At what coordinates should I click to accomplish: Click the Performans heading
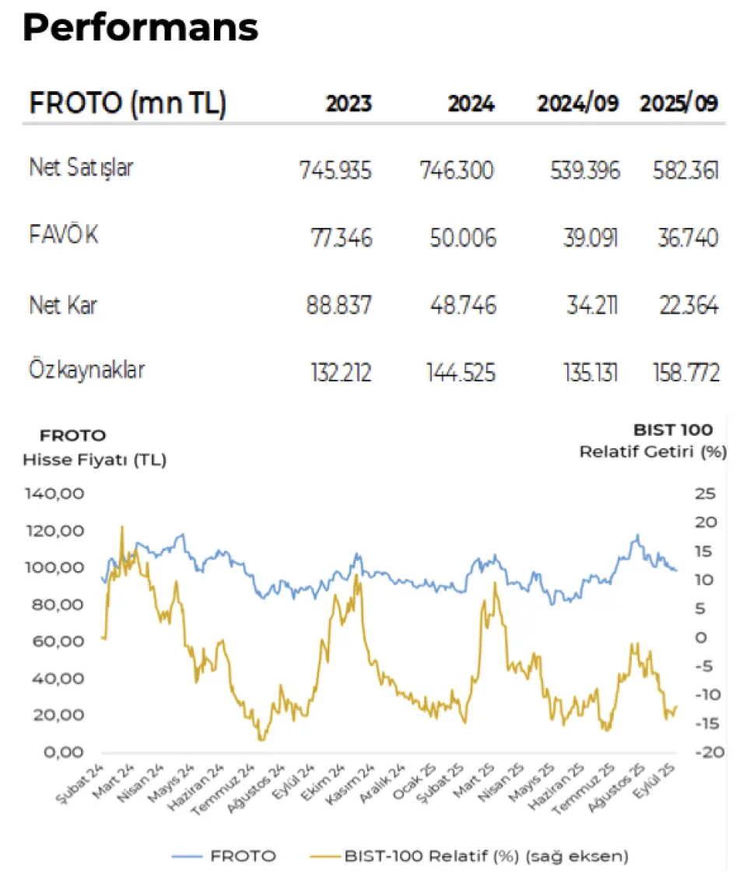coord(140,29)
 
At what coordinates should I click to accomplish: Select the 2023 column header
coord(349,103)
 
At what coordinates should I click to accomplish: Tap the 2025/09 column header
coord(679,103)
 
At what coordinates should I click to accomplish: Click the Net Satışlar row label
coord(81,168)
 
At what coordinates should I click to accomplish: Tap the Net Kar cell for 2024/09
coord(591,306)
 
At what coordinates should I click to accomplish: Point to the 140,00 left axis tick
coord(54,493)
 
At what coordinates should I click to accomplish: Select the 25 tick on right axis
coord(705,493)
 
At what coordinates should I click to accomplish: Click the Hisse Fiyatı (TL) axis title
coord(94,460)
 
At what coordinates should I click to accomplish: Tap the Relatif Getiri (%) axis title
coord(652,452)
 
